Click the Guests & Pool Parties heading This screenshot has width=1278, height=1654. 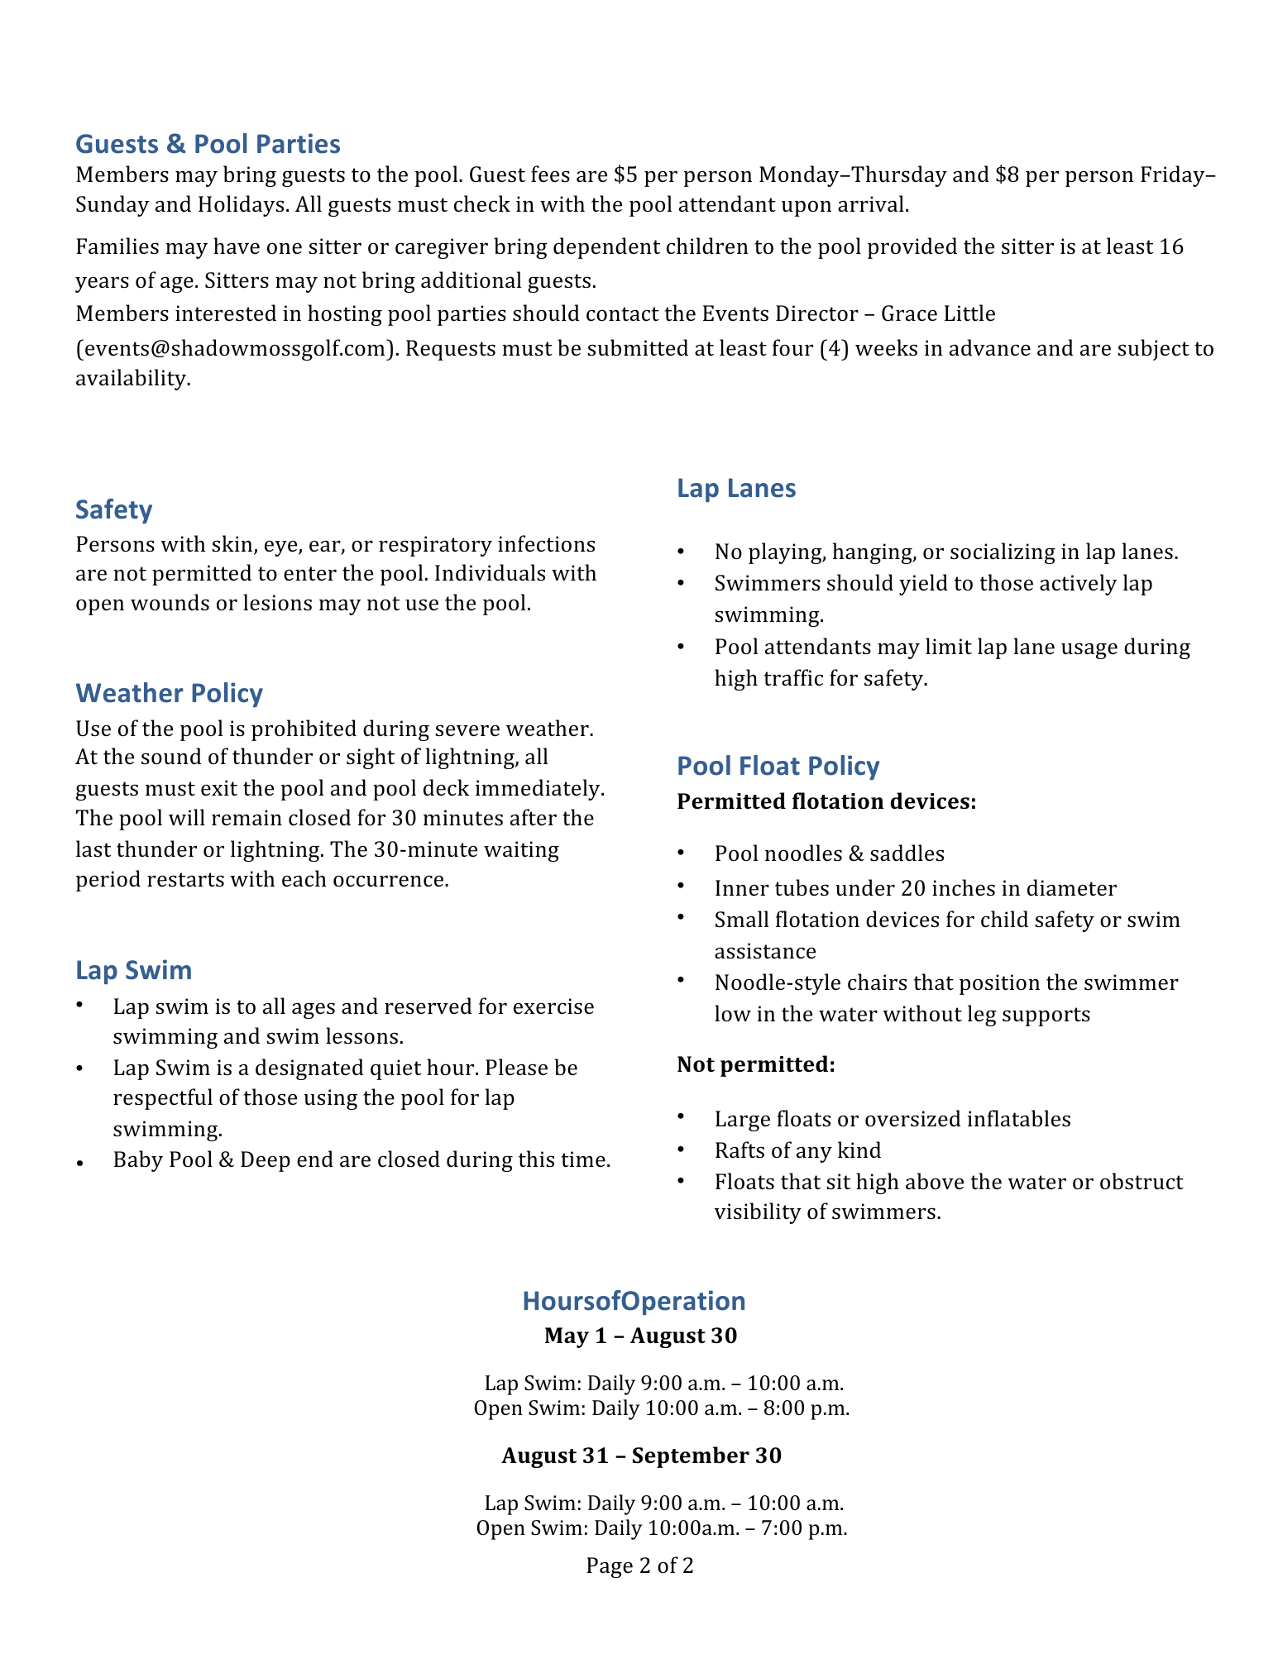[x=208, y=144]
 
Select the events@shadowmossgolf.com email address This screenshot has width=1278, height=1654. [x=232, y=349]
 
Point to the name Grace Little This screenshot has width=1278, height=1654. [x=938, y=314]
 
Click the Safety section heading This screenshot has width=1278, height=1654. [x=114, y=509]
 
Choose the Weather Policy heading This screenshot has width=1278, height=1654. [x=169, y=693]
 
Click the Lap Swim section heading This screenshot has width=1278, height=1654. [x=134, y=970]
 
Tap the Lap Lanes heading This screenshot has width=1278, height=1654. [x=736, y=488]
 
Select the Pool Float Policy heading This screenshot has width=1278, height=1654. [x=778, y=766]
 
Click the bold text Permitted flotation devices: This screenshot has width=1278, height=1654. [x=826, y=801]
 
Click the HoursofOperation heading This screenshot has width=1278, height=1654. [x=634, y=1301]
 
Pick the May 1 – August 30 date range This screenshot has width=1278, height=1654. [x=640, y=1336]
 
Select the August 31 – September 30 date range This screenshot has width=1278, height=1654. [x=641, y=1456]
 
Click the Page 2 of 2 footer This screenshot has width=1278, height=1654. [x=639, y=1566]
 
